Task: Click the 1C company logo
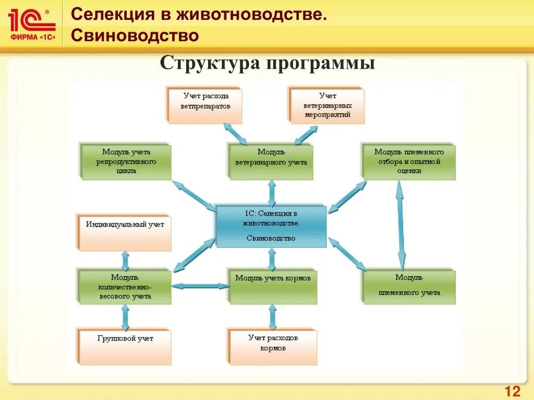[31, 25]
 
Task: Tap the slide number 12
[513, 391]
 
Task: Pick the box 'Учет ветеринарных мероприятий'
[327, 106]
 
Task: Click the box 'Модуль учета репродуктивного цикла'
[127, 162]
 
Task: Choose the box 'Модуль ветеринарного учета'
[271, 162]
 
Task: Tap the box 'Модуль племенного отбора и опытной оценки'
[409, 162]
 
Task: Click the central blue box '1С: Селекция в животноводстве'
[271, 227]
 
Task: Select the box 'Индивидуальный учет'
[125, 232]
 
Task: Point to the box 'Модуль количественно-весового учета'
[125, 287]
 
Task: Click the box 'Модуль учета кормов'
[273, 286]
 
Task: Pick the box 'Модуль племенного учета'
[409, 286]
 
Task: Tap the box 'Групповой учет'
[125, 346]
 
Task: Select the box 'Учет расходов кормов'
[273, 346]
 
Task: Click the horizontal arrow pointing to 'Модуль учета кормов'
[200, 285]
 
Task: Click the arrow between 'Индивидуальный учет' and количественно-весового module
[125, 259]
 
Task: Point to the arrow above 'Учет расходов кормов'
[272, 316]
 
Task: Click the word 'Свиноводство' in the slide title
[135, 35]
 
